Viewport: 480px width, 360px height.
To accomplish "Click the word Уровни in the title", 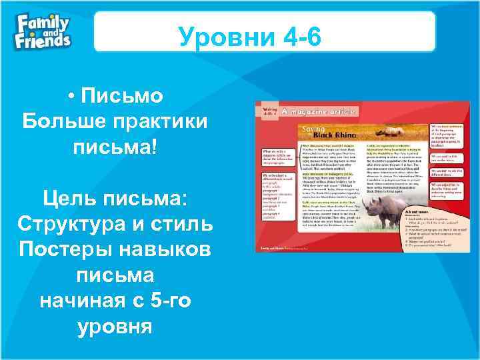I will pos(217,37).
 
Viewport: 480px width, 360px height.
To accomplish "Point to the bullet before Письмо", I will pos(71,97).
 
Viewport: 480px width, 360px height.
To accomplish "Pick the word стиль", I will pos(183,223).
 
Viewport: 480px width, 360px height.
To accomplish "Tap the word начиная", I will pos(79,301).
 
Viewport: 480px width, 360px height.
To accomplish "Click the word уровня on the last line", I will pos(115,326).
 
